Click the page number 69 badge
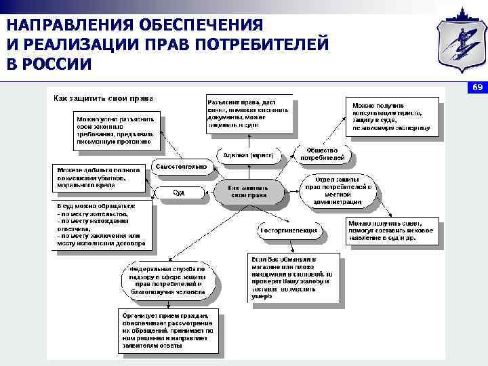tap(476, 89)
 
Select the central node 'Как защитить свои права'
tap(247, 191)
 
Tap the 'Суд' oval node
tap(178, 193)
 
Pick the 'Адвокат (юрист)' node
tap(248, 155)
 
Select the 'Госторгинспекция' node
tap(289, 230)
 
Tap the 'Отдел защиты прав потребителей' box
tap(340, 190)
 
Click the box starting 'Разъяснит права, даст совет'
tap(249, 113)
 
